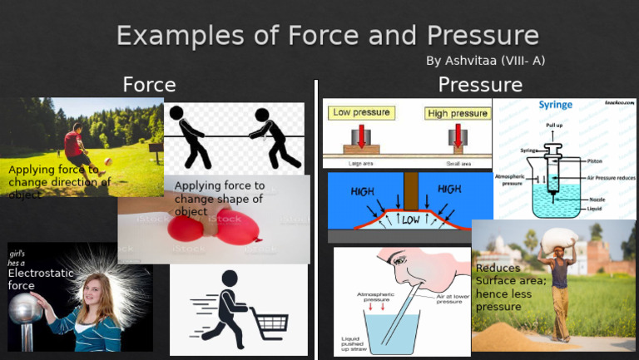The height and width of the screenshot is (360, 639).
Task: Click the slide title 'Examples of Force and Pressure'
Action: (327, 36)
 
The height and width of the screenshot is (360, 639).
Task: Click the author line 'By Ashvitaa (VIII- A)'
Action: (485, 61)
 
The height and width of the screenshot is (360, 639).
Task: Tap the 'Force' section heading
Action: (149, 84)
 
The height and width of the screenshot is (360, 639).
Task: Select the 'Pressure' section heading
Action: (480, 84)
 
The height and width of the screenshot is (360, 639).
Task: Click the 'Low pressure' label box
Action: (364, 112)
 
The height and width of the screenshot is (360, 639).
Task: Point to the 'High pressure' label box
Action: (457, 113)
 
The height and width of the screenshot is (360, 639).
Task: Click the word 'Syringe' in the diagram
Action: (555, 106)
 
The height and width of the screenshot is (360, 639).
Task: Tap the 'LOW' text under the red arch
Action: (410, 220)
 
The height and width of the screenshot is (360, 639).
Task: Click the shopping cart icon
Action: (268, 319)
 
